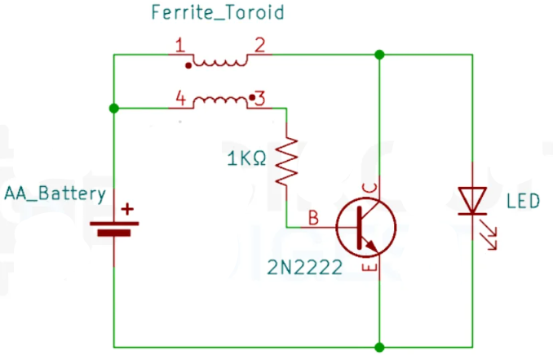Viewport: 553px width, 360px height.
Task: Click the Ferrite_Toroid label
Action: [218, 13]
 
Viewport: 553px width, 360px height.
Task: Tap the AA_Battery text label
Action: [55, 194]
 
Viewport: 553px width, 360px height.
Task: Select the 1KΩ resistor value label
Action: [246, 158]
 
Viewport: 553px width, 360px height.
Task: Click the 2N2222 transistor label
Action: [305, 267]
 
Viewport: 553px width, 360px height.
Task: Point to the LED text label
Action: [523, 201]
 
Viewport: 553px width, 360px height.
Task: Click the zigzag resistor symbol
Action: [287, 162]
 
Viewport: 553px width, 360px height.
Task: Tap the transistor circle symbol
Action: [366, 228]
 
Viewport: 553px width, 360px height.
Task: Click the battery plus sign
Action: [127, 209]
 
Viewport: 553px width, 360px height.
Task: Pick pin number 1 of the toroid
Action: [180, 46]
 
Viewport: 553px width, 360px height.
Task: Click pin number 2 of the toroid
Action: [260, 46]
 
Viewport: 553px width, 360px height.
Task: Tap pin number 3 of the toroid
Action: [260, 99]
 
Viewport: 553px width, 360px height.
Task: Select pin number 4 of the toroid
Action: [180, 99]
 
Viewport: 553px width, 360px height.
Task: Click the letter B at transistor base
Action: [313, 218]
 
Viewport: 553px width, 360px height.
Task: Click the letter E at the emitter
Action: [369, 268]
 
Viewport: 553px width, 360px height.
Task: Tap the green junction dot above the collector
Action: [379, 55]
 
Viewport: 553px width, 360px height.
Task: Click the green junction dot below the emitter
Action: [379, 347]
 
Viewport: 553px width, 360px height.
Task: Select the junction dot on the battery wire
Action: [114, 108]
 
